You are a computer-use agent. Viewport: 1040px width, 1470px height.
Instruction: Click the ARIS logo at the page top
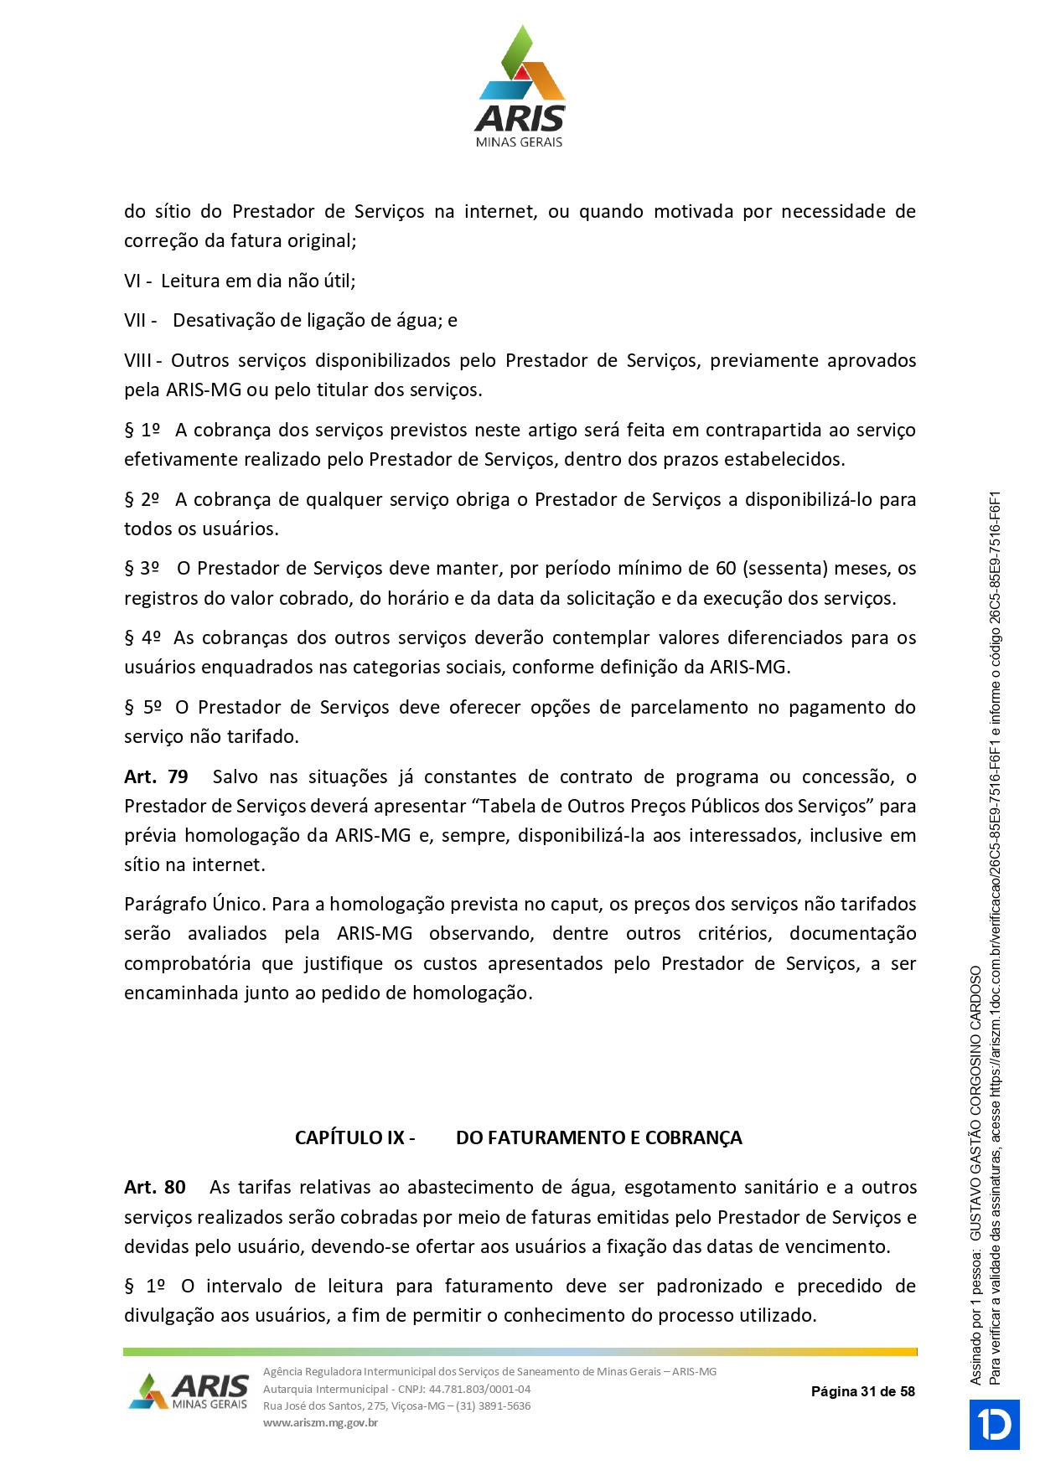520,87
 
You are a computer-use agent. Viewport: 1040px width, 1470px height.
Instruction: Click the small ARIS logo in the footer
189,1391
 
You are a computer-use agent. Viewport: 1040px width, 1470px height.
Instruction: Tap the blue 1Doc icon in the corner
995,1424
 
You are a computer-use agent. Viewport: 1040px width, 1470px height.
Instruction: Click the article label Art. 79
156,777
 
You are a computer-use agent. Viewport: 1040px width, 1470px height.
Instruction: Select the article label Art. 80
155,1188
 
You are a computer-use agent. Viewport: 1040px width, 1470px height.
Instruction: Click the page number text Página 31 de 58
862,1391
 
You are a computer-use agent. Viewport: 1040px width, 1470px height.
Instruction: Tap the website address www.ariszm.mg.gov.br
320,1422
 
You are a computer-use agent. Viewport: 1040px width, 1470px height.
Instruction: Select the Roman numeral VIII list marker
138,361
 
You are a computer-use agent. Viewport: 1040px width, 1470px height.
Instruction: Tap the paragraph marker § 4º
142,638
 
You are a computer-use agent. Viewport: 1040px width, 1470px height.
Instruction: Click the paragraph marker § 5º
142,708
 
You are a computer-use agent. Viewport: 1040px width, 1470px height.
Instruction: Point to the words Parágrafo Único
194,905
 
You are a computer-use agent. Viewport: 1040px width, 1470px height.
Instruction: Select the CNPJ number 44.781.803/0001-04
479,1389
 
